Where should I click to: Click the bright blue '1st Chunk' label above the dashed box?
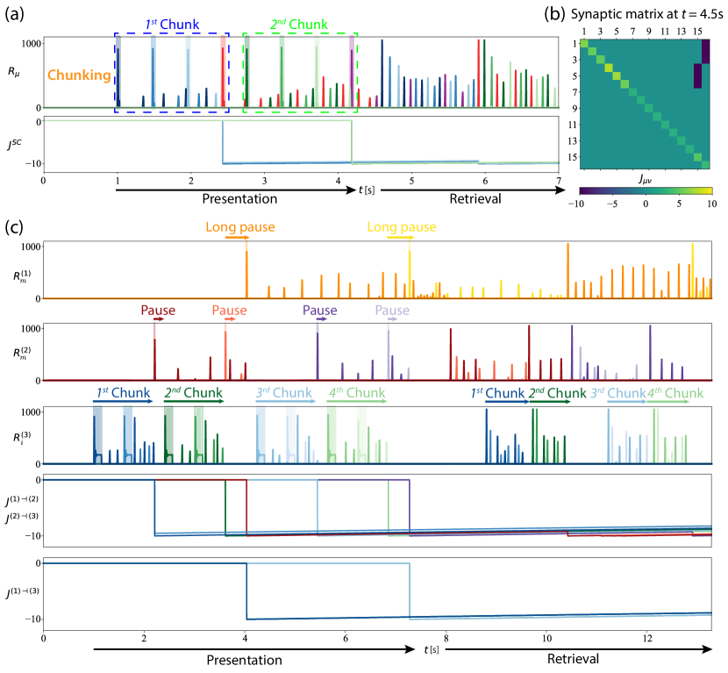pyautogui.click(x=173, y=25)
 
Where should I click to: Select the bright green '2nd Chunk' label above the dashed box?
pyautogui.click(x=299, y=25)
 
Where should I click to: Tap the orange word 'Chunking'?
pyautogui.click(x=79, y=75)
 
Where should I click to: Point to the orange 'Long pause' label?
pyautogui.click(x=239, y=227)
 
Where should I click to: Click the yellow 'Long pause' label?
pyautogui.click(x=401, y=227)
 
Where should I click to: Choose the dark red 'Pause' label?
pyautogui.click(x=158, y=311)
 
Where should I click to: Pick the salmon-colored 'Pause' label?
pyautogui.click(x=229, y=311)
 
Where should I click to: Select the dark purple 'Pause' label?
pyautogui.click(x=319, y=311)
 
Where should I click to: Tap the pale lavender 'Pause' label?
pyautogui.click(x=391, y=311)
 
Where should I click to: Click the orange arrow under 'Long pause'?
pyautogui.click(x=238, y=237)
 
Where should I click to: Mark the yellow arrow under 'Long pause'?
pyautogui.click(x=401, y=237)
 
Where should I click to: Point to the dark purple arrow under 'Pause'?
pyautogui.click(x=321, y=319)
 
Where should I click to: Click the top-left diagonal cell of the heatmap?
pyautogui.click(x=584, y=44)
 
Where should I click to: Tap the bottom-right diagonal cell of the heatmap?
pyautogui.click(x=705, y=164)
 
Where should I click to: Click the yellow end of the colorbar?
pyautogui.click(x=707, y=190)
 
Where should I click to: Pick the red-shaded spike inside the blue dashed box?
pyautogui.click(x=223, y=74)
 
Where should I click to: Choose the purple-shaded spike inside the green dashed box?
pyautogui.click(x=352, y=74)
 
